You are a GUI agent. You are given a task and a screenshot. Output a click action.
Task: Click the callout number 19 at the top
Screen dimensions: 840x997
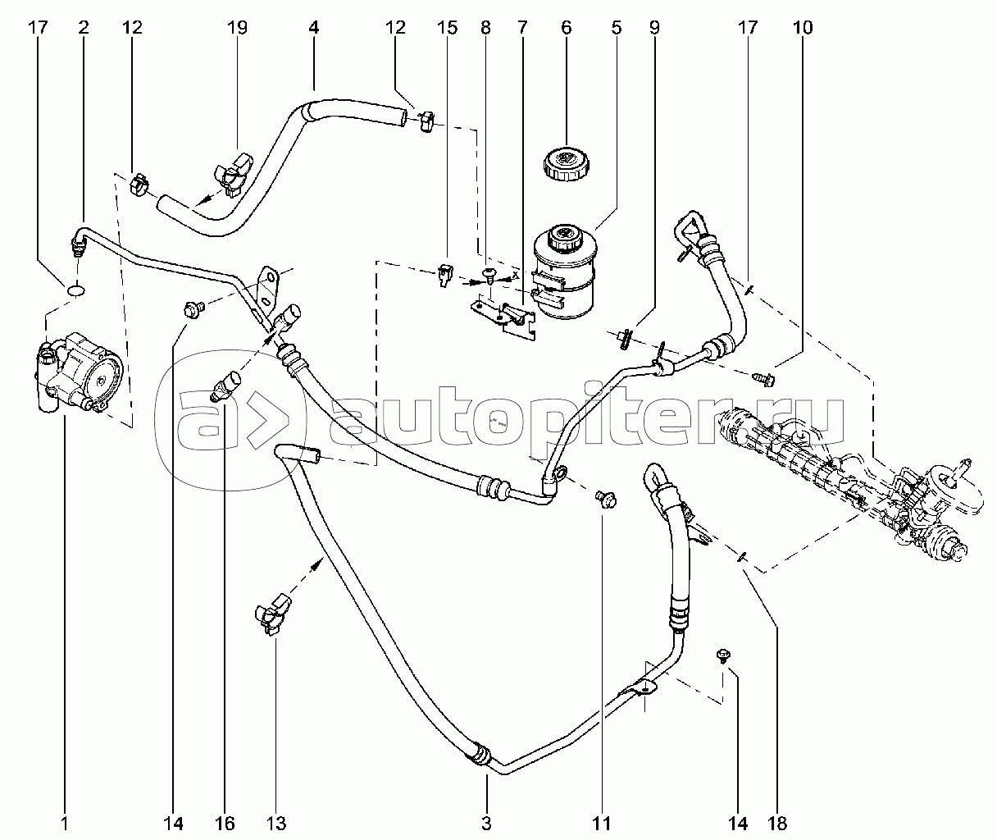point(237,28)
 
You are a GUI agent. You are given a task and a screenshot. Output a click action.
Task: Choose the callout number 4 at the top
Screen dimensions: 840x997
point(313,28)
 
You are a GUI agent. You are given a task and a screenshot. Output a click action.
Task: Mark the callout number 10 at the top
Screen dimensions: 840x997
point(804,28)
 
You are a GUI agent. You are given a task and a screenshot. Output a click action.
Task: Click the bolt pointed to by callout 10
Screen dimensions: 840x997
point(763,378)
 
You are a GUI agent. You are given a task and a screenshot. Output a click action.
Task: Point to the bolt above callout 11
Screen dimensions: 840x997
point(606,499)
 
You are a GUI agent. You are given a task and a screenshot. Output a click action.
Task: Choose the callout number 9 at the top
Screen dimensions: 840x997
point(653,28)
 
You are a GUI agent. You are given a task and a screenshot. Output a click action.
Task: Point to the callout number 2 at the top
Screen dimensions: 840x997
point(84,28)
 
